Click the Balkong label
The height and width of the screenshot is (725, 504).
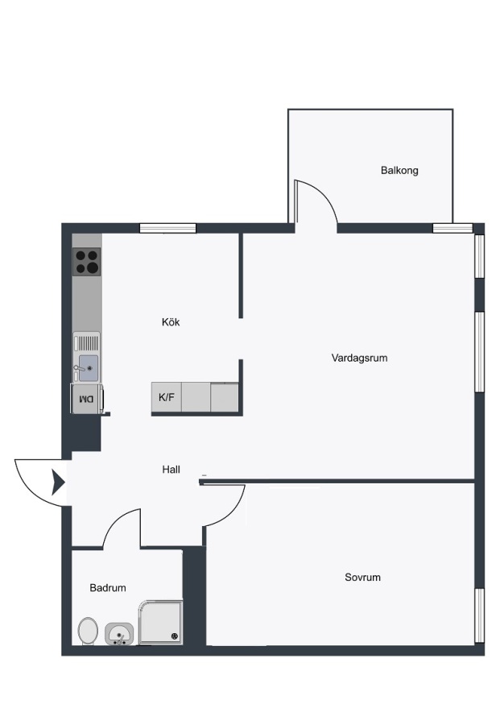tap(399, 171)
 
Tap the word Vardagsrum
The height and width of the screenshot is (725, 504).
tap(359, 358)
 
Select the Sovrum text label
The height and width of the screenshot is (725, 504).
tap(362, 577)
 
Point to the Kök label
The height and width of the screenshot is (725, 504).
tap(171, 321)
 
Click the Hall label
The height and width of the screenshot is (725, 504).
tap(171, 470)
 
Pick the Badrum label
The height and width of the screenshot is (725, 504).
tap(108, 588)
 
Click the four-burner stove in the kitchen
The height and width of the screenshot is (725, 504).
tap(86, 262)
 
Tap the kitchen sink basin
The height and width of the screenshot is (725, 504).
tap(89, 368)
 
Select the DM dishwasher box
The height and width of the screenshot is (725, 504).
tap(86, 398)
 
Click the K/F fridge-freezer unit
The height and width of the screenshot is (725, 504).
tap(167, 396)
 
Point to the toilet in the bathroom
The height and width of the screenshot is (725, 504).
tap(87, 631)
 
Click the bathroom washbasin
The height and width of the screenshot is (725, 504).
tap(119, 633)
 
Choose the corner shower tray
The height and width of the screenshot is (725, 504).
tap(161, 623)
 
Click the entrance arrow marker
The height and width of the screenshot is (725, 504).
tap(58, 483)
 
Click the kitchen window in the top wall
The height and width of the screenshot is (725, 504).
tap(168, 229)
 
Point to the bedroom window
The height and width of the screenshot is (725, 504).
tap(480, 615)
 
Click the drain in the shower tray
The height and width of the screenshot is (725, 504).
tap(175, 636)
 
